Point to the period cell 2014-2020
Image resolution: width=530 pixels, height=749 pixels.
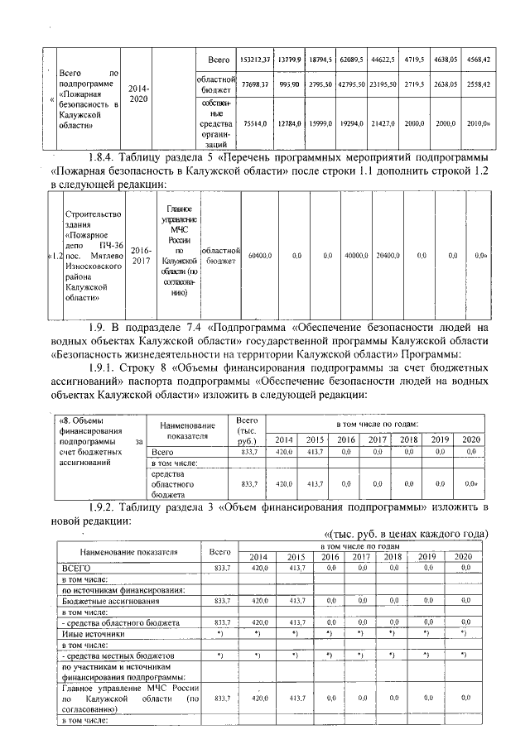(x=138, y=93)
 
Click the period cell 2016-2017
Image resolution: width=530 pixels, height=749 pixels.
(x=140, y=255)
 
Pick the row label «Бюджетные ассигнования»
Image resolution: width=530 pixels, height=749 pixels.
(x=102, y=600)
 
